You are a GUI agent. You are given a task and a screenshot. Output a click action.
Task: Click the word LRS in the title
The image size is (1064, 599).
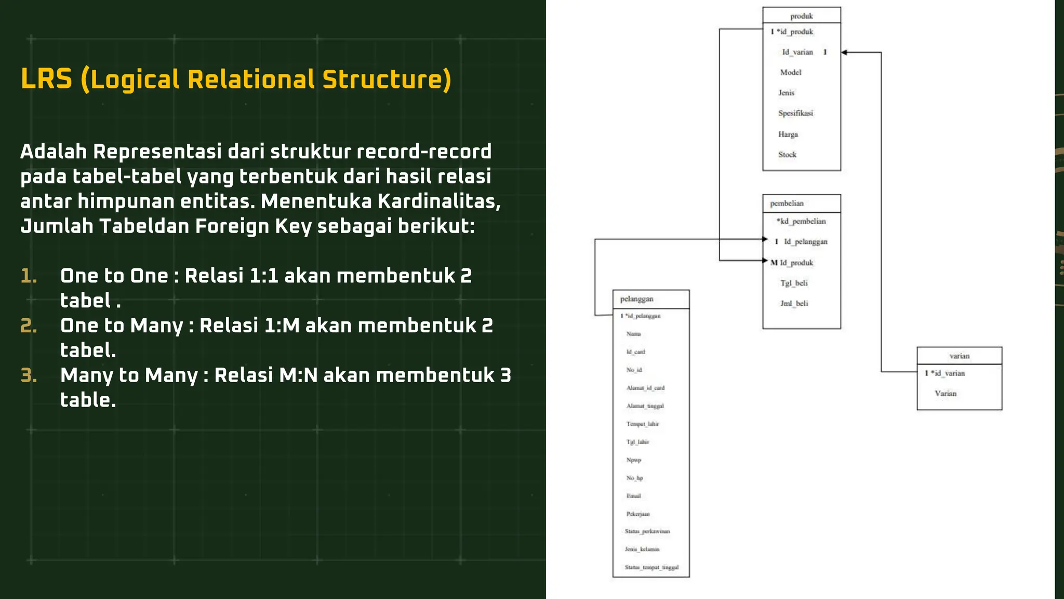click(46, 80)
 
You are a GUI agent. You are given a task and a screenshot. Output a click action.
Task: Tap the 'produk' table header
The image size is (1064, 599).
click(801, 16)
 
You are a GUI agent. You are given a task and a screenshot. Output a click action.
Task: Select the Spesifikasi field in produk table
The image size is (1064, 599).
click(795, 113)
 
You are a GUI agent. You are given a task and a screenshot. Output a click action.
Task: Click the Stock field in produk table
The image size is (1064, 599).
click(787, 154)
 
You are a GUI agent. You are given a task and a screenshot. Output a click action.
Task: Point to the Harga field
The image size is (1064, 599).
click(788, 134)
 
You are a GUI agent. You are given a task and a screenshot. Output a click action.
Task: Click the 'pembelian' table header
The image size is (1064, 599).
click(787, 203)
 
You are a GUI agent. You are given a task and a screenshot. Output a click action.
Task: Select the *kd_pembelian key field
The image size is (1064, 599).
click(801, 222)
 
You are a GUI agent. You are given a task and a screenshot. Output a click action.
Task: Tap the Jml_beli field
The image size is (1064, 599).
click(794, 304)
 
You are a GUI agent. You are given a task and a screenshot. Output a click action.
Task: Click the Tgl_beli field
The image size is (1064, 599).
click(794, 283)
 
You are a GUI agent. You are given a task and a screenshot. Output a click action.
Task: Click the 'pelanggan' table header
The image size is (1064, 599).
click(636, 299)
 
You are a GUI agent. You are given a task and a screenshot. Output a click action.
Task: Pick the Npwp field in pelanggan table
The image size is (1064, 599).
click(634, 460)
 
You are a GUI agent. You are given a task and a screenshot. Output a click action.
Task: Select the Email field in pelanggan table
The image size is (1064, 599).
click(634, 496)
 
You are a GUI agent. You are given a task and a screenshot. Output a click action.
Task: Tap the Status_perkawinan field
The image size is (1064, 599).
click(647, 531)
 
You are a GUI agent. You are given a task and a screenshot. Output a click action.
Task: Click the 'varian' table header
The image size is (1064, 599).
click(959, 356)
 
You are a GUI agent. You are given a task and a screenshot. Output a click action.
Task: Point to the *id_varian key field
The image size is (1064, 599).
click(948, 373)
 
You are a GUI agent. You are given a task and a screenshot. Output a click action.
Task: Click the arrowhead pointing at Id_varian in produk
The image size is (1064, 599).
click(844, 53)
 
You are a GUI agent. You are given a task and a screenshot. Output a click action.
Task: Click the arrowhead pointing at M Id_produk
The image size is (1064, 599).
click(765, 261)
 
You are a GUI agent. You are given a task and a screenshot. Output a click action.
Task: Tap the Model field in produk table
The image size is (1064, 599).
click(790, 73)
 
